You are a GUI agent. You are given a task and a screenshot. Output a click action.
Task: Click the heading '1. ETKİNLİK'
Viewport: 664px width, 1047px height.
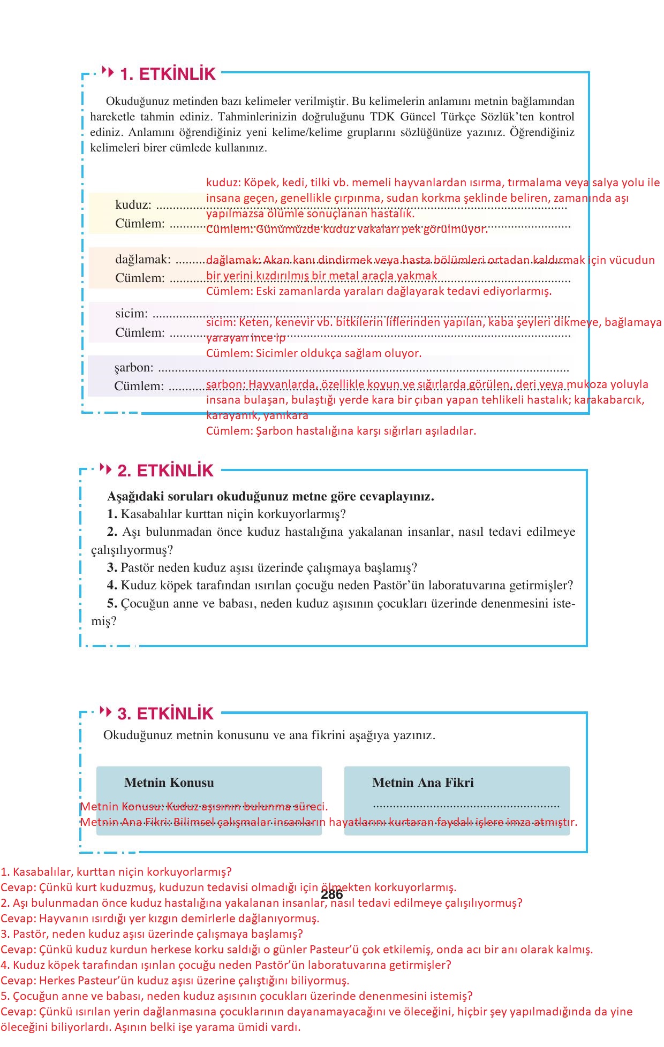pyautogui.click(x=167, y=74)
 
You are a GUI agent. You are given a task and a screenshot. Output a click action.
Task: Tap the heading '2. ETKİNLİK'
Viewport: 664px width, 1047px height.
pyautogui.click(x=165, y=471)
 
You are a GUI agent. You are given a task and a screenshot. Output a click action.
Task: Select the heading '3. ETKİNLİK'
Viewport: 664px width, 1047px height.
pyautogui.click(x=165, y=714)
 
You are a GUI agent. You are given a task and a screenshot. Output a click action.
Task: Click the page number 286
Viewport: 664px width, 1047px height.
pyautogui.click(x=331, y=894)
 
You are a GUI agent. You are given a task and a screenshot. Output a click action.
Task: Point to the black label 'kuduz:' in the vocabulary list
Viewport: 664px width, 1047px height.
pyautogui.click(x=133, y=204)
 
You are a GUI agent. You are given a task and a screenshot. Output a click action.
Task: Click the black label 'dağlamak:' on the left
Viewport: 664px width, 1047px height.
pyautogui.click(x=142, y=260)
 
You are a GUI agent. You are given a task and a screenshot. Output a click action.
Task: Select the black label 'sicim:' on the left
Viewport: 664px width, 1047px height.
pyautogui.click(x=131, y=314)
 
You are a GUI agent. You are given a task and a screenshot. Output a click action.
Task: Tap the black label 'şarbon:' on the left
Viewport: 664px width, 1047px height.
pyautogui.click(x=133, y=368)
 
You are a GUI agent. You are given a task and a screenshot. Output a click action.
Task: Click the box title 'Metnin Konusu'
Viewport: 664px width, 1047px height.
pyautogui.click(x=169, y=783)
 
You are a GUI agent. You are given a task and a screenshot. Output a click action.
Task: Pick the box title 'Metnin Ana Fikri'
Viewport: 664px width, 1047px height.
pyautogui.click(x=422, y=783)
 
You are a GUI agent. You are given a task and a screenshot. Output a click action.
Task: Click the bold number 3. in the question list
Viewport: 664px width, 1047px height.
pyautogui.click(x=112, y=567)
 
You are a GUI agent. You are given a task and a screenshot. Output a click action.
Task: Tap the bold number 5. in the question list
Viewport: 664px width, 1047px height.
pyautogui.click(x=112, y=603)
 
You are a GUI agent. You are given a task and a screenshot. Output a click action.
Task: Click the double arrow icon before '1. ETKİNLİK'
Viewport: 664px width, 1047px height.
pyautogui.click(x=108, y=71)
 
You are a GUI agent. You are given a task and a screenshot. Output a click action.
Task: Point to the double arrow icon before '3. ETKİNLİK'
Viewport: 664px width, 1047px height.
pyautogui.click(x=105, y=712)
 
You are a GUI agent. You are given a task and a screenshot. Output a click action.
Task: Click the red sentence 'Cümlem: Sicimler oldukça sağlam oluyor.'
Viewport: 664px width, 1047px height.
pyautogui.click(x=313, y=353)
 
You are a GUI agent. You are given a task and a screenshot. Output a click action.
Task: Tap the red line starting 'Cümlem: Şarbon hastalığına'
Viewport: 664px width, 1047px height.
pyautogui.click(x=341, y=431)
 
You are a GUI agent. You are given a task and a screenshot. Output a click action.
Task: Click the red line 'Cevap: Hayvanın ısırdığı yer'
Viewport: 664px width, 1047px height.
pyautogui.click(x=160, y=919)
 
